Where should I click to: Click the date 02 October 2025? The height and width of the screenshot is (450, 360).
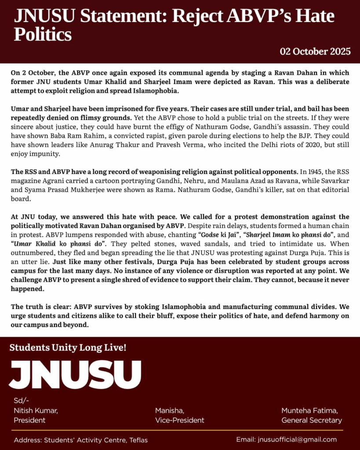[x=315, y=51]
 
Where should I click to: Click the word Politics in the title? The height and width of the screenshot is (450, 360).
[x=43, y=34]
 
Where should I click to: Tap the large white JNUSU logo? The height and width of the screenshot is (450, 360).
[x=75, y=374]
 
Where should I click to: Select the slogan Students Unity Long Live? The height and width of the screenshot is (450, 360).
[x=68, y=348]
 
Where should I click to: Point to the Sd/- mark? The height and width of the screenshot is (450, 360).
[x=20, y=401]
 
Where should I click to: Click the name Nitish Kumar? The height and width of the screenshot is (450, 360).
[x=36, y=410]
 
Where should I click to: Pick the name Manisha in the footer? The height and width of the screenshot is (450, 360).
[x=170, y=410]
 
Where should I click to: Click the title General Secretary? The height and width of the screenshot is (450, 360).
[x=312, y=420]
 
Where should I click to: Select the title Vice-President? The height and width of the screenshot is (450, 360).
[x=179, y=420]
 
